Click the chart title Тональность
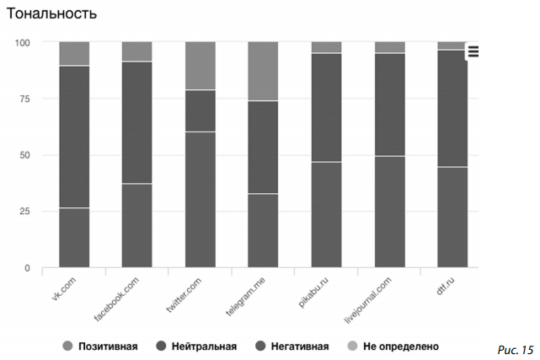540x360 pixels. pyautogui.click(x=51, y=14)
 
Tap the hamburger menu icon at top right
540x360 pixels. pyautogui.click(x=473, y=51)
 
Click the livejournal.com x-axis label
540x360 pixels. pyautogui.click(x=367, y=299)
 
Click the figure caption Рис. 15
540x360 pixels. pyautogui.click(x=516, y=347)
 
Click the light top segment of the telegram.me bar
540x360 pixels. pyautogui.click(x=263, y=71)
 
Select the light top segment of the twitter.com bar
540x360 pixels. pyautogui.click(x=200, y=66)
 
